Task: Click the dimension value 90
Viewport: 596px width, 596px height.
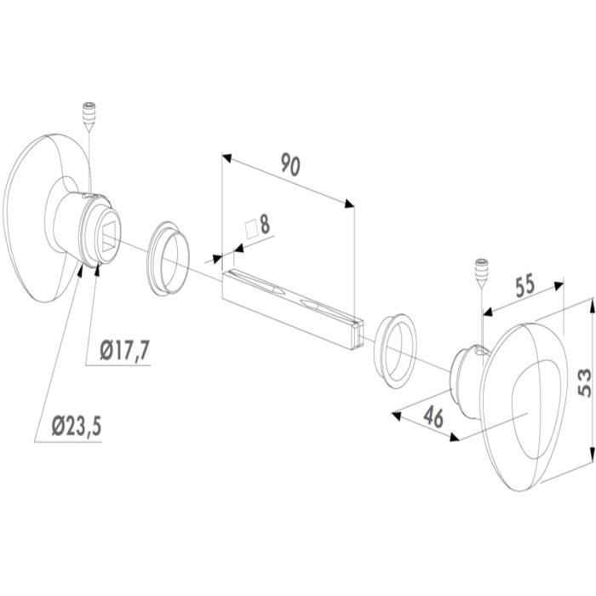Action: coord(291,164)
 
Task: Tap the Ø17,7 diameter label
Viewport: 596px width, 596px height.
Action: coord(124,350)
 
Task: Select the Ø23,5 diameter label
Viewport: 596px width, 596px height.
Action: coord(77,426)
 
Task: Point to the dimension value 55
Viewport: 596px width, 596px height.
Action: coord(525,286)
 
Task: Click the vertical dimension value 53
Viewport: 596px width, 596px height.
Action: coord(585,383)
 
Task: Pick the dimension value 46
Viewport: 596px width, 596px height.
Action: coord(433,416)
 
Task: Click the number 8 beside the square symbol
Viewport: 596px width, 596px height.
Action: coord(265,224)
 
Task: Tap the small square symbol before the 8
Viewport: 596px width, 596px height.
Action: coord(252,229)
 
